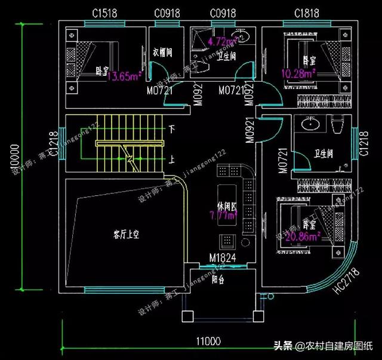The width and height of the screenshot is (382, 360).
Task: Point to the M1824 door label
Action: (221, 258)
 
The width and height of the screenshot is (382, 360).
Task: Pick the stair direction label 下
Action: (172, 129)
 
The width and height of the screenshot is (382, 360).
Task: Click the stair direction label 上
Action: (172, 160)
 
